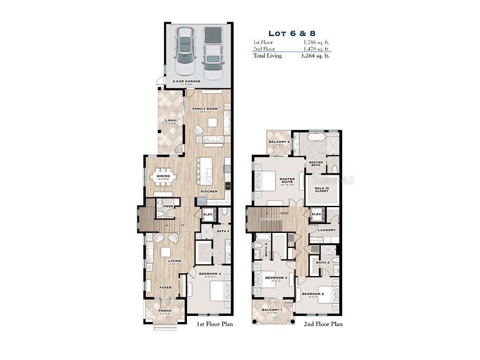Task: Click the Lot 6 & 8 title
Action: pos(292,33)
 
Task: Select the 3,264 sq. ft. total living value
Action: pos(315,56)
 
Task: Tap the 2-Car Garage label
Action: pos(186,81)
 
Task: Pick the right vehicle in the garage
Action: pos(213,52)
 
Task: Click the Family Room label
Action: pos(205,109)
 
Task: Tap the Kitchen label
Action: pos(209,192)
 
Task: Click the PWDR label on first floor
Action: pos(168,206)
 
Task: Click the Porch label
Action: pos(165,311)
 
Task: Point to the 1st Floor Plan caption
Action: pos(214,324)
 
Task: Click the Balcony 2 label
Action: pos(279,142)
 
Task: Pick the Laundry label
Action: pos(326,230)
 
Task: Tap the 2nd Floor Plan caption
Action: pos(323,324)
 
